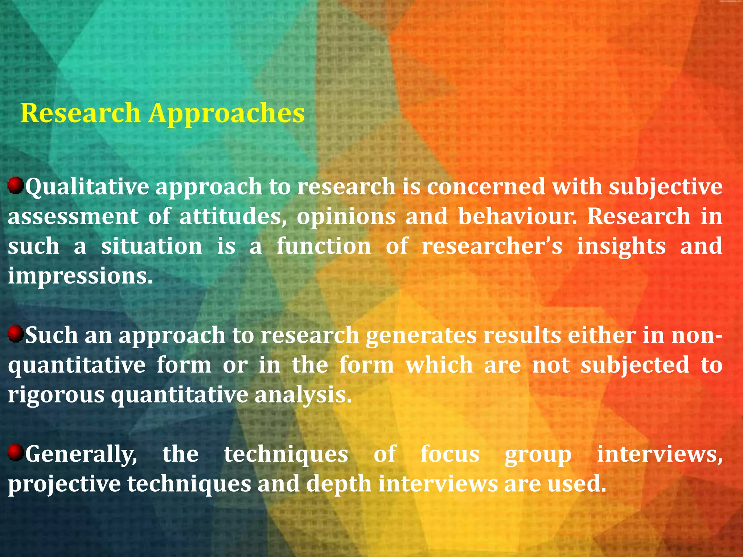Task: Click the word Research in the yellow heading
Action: [81, 113]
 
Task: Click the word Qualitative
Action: [87, 187]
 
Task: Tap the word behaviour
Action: [517, 216]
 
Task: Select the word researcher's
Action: [492, 246]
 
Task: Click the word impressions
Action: [80, 277]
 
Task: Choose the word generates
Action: [421, 336]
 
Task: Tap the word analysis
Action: [303, 395]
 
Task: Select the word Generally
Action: [81, 455]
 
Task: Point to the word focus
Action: [450, 454]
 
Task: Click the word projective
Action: [65, 485]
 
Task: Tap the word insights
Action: [621, 247]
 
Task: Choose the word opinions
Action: [346, 217]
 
